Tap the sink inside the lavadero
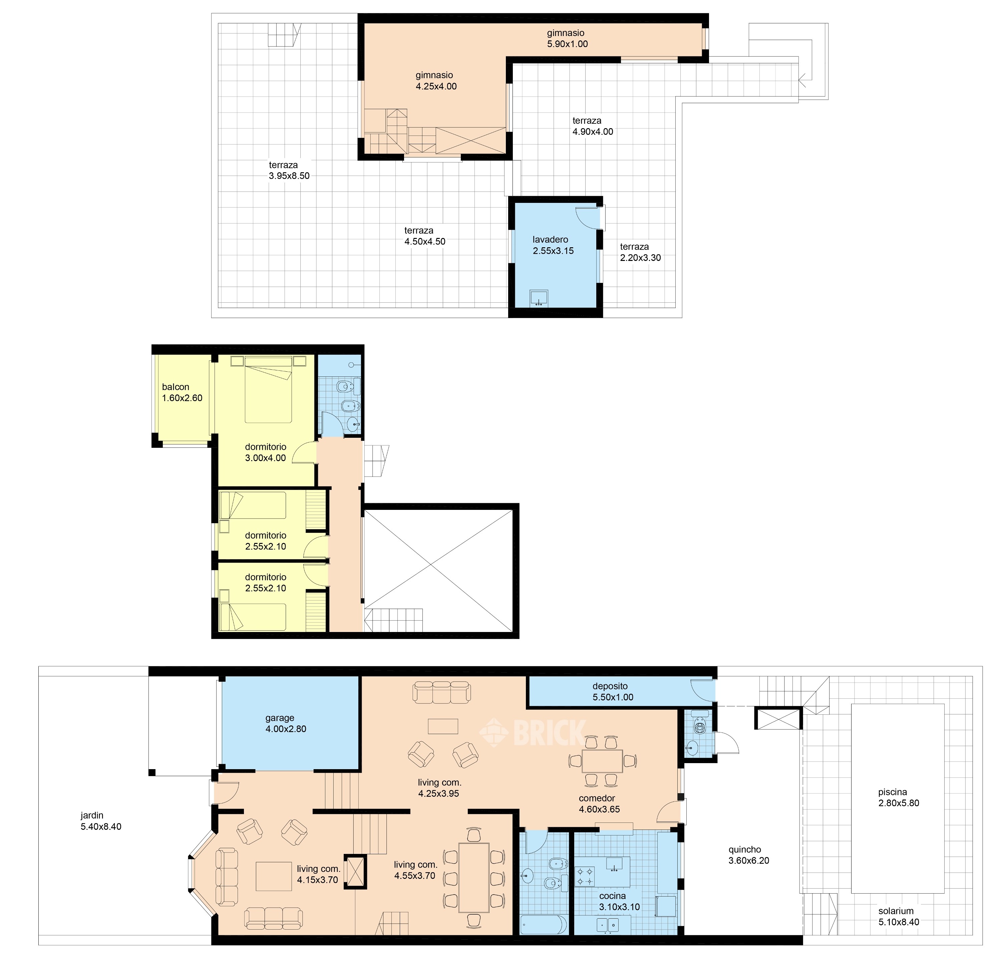[x=539, y=298]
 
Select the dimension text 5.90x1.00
[x=568, y=44]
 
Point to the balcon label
[x=176, y=387]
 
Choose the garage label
[x=280, y=718]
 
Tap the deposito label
[x=610, y=686]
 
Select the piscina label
[x=893, y=792]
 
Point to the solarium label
[x=896, y=911]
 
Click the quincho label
[x=745, y=849]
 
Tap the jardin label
[x=92, y=816]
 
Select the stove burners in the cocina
[x=585, y=877]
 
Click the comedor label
[x=597, y=798]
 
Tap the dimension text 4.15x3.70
[x=317, y=880]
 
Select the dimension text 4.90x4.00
[x=593, y=132]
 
